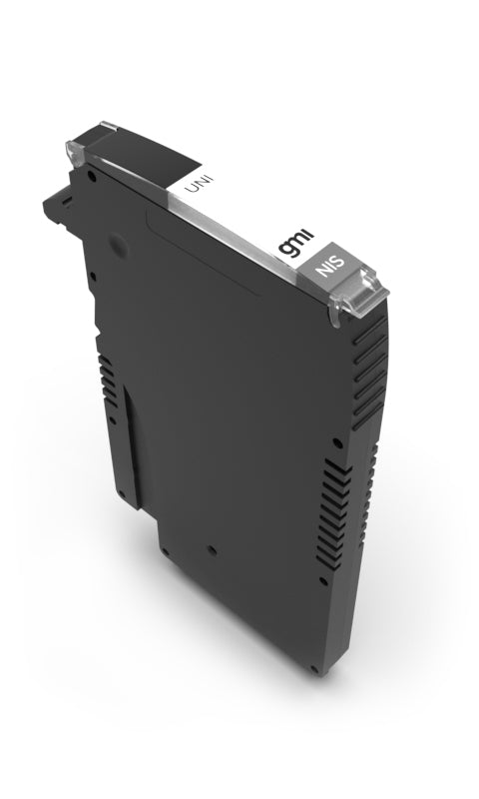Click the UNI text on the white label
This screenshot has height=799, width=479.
coord(186,184)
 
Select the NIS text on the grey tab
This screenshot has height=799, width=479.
coord(328,268)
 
